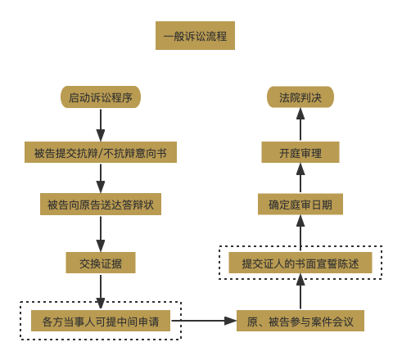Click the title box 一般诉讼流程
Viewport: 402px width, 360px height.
coord(195,36)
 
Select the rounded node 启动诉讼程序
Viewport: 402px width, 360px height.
coord(101,97)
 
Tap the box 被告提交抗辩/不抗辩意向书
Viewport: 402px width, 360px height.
coord(101,152)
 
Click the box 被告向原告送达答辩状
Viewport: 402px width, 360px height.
coord(101,204)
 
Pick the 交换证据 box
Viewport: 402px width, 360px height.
coord(101,263)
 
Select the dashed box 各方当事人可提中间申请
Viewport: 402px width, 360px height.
coord(101,321)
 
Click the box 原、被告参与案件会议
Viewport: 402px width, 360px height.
coord(300,321)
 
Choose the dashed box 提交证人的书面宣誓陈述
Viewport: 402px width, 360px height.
coord(300,263)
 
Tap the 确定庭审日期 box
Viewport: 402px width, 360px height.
coord(300,204)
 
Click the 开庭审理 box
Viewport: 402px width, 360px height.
coord(300,152)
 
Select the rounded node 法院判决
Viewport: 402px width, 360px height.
coord(300,97)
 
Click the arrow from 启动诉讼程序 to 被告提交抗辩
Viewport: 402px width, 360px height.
coord(101,124)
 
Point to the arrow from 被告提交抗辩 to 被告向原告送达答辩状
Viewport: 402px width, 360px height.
coord(101,178)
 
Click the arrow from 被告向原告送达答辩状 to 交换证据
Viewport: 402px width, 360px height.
coord(101,233)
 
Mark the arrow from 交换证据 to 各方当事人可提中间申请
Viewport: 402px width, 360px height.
coord(101,290)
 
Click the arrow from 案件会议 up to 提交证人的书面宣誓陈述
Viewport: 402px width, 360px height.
coord(300,292)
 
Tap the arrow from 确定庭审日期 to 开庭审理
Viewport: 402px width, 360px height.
coord(300,178)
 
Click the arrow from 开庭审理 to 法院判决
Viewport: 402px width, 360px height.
coord(300,124)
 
